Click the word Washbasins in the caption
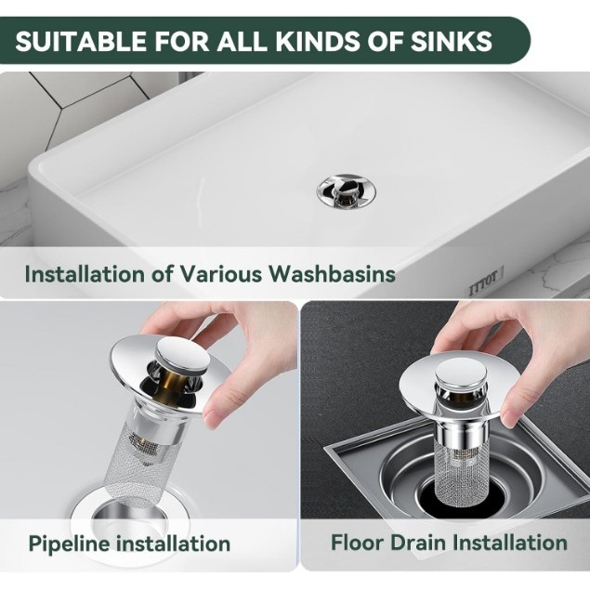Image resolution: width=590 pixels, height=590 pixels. [x=332, y=273]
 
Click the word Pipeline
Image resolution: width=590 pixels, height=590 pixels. [x=70, y=544]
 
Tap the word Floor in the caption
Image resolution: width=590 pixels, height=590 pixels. [x=357, y=543]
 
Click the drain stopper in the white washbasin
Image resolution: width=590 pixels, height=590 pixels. [x=346, y=191]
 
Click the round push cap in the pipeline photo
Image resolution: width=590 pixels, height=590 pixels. [x=183, y=354]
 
